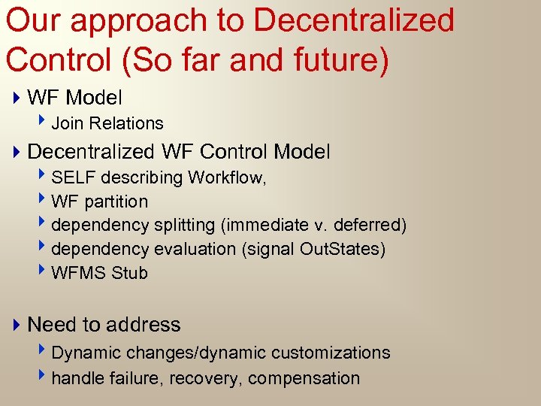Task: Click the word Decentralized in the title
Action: pyautogui.click(x=354, y=20)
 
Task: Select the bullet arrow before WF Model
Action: pyautogui.click(x=17, y=98)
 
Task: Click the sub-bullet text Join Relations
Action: pyautogui.click(x=107, y=123)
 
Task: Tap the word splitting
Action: pyautogui.click(x=183, y=226)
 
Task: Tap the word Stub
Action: pyautogui.click(x=130, y=273)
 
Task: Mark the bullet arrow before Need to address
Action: pyautogui.click(x=17, y=325)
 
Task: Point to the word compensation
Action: pyautogui.click(x=304, y=378)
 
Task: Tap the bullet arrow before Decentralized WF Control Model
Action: pyautogui.click(x=17, y=152)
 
